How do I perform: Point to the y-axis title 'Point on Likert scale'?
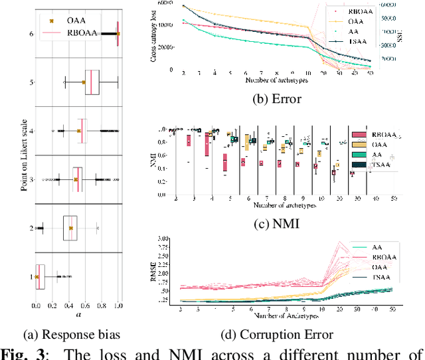[x=24, y=153]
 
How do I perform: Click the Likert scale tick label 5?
[x=31, y=82]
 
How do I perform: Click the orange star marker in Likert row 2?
[x=70, y=228]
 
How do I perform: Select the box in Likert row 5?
[x=92, y=82]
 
